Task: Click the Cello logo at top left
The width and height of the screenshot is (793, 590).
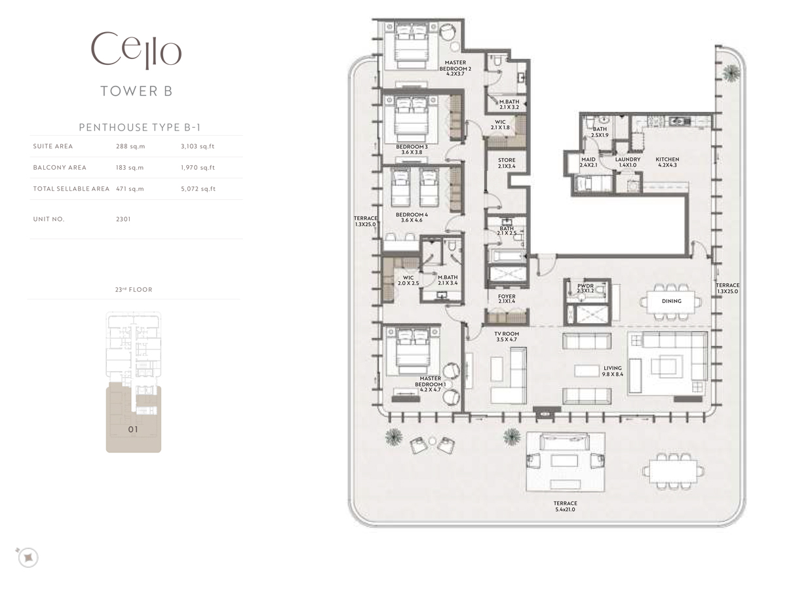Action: click(x=136, y=50)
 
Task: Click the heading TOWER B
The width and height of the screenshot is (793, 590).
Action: click(x=136, y=91)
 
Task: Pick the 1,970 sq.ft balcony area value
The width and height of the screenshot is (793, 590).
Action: click(x=197, y=167)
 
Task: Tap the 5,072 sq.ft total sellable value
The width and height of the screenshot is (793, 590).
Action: click(x=197, y=189)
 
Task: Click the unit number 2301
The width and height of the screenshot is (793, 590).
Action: click(x=123, y=219)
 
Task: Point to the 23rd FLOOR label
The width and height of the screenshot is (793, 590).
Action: click(x=133, y=289)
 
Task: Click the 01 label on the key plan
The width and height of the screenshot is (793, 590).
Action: click(x=133, y=430)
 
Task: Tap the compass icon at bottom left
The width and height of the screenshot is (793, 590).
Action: click(x=28, y=557)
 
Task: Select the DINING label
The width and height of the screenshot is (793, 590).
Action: click(x=672, y=301)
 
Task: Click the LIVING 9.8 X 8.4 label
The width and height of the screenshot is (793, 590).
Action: click(x=612, y=371)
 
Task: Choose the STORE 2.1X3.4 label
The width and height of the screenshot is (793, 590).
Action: click(x=507, y=163)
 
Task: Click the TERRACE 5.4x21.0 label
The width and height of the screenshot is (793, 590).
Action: click(x=564, y=506)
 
